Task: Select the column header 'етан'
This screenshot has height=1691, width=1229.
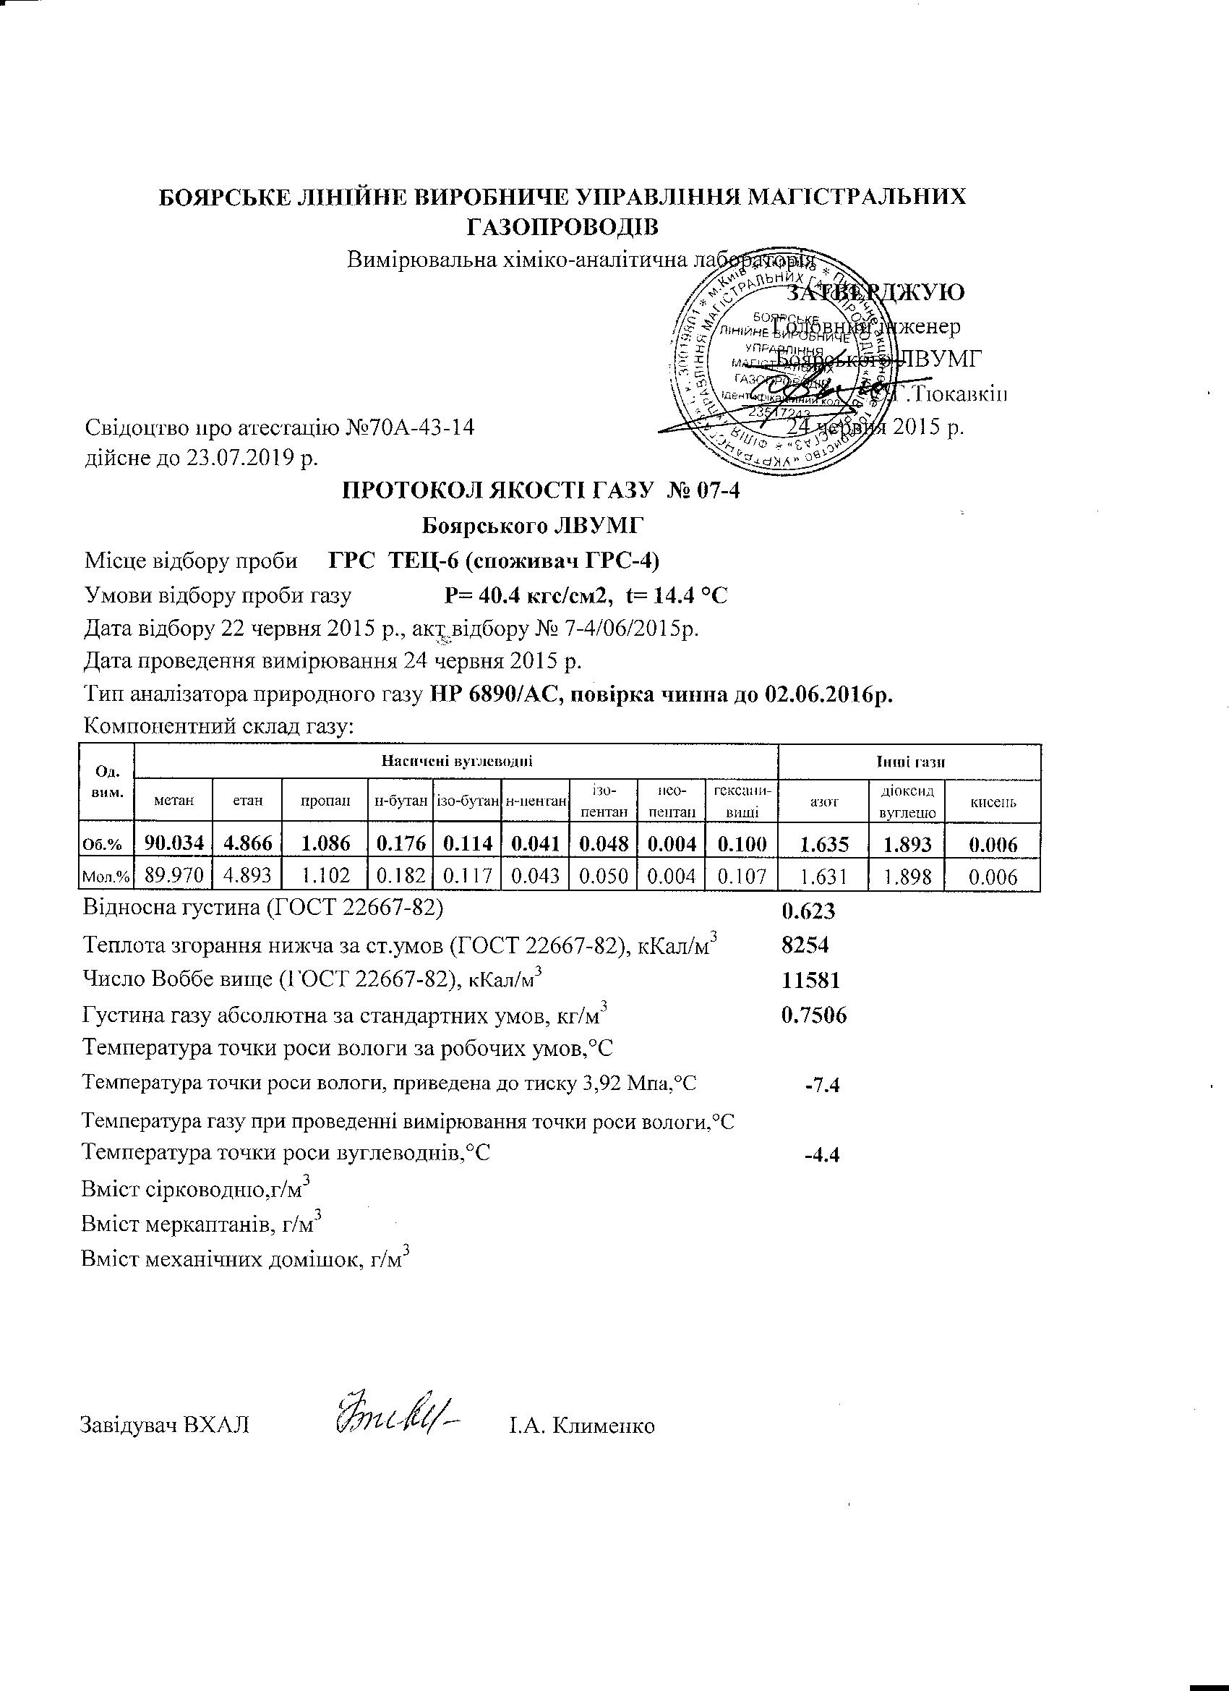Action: pyautogui.click(x=247, y=801)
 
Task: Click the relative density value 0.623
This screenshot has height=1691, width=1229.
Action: pyautogui.click(x=808, y=911)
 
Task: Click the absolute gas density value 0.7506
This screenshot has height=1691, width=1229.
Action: pyautogui.click(x=813, y=1015)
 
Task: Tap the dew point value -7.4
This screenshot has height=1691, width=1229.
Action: pyautogui.click(x=823, y=1085)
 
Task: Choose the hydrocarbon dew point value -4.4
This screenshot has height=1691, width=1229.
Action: pyautogui.click(x=823, y=1155)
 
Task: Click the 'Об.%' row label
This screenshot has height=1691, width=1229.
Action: pyautogui.click(x=106, y=845)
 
